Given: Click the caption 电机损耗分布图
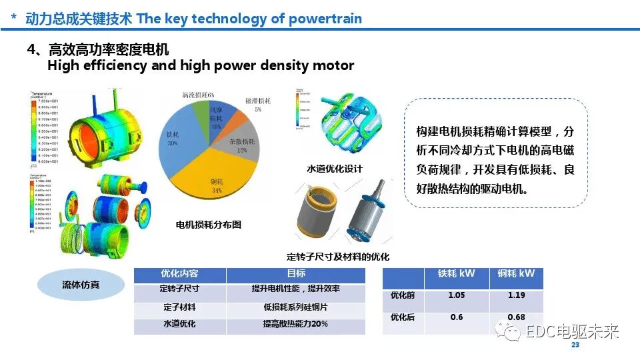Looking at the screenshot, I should tap(208, 225).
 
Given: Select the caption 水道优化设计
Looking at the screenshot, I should tap(334, 169).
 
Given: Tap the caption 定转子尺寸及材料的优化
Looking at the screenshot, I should tap(338, 256).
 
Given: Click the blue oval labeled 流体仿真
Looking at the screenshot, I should tap(81, 285).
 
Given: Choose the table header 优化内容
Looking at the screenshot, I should tap(179, 274).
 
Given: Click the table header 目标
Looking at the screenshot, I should tap(295, 274).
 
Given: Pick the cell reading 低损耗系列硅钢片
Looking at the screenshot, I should tap(295, 307).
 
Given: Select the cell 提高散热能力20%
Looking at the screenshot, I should tap(295, 325).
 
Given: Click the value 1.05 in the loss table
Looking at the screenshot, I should tap(457, 295).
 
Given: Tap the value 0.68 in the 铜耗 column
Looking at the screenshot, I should tap(516, 317).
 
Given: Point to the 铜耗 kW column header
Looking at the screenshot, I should tap(516, 274).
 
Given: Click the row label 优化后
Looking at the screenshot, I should tap(403, 317).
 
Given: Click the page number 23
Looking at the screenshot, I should tap(575, 345).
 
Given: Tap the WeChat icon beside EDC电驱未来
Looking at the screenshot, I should tap(512, 331).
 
